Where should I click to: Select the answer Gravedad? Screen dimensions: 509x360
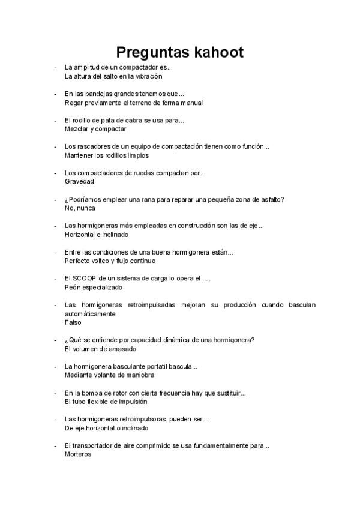(x=79, y=182)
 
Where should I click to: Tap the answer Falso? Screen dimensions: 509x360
(x=73, y=322)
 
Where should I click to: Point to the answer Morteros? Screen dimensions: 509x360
(x=78, y=454)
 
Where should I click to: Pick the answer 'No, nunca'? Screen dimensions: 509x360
(x=80, y=208)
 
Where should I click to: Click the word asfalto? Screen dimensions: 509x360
(x=268, y=199)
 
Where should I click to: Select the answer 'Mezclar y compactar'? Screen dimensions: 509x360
(x=95, y=129)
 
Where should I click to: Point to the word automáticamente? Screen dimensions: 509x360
(x=90, y=314)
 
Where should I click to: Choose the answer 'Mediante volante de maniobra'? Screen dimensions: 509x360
(x=109, y=375)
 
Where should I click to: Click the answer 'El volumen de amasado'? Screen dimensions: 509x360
(x=100, y=349)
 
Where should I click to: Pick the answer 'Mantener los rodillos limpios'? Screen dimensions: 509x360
(x=106, y=155)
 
